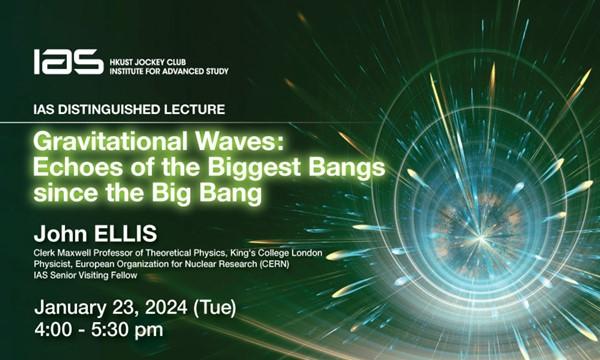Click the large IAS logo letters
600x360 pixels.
pyautogui.click(x=67, y=62)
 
